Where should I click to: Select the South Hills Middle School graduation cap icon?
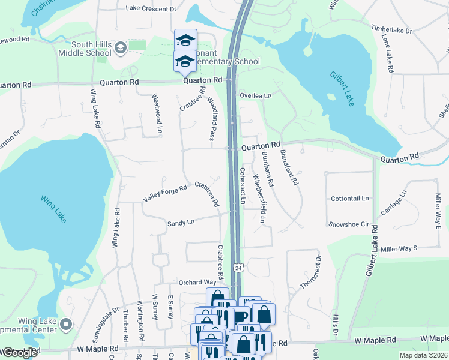120,47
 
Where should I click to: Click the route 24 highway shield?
238,268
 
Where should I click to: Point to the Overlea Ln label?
256,95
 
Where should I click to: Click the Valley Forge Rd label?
165,193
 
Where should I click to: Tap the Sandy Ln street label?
181,223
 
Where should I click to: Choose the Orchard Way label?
197,282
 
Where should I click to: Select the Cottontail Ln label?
349,198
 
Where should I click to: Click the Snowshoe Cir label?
348,224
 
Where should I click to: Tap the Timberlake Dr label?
391,29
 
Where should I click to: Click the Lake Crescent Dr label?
151,9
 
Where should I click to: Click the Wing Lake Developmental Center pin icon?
67,325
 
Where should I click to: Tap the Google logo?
19,353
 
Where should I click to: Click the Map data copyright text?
423,355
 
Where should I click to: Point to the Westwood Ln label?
157,113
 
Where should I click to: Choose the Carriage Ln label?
394,203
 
